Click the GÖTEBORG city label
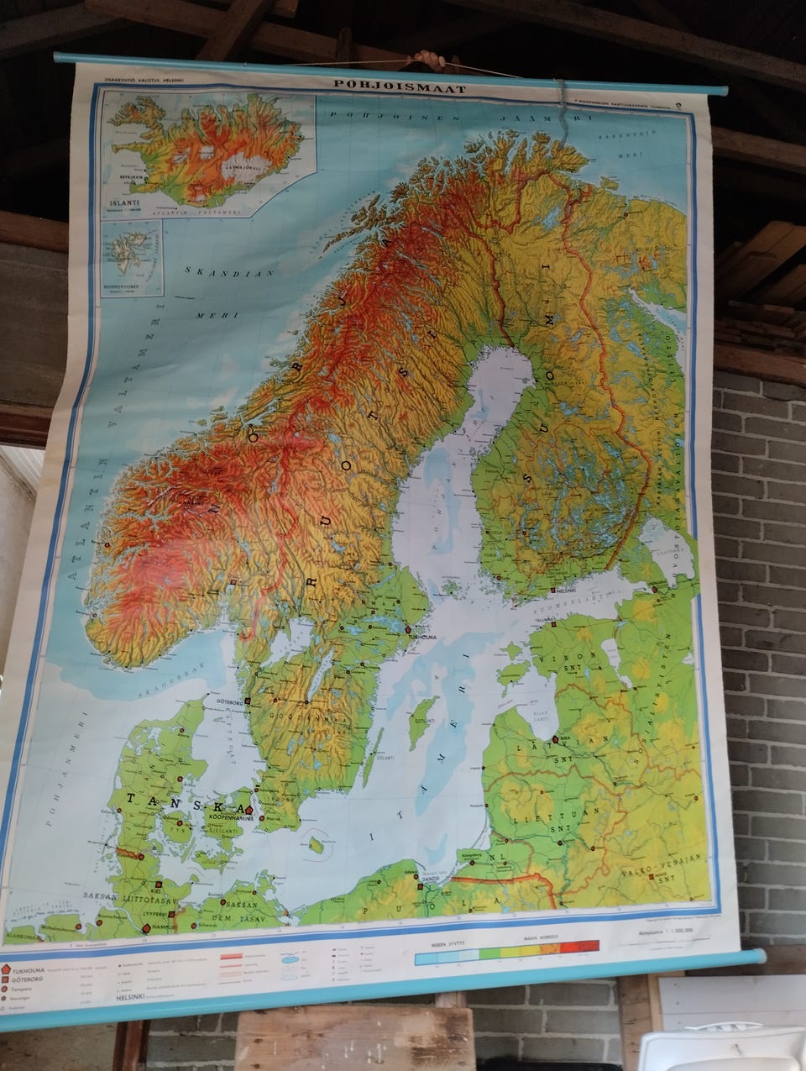click(222, 699)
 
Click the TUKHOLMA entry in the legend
click(34, 969)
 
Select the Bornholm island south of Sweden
click(317, 843)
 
